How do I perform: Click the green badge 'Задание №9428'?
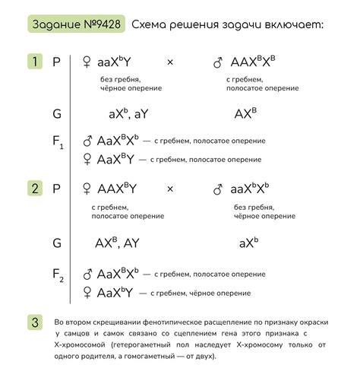(76, 25)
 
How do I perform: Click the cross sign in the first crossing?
(170, 62)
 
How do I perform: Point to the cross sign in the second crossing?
(170, 189)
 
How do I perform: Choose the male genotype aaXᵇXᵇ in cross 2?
(251, 189)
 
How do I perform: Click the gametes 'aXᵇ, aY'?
(128, 114)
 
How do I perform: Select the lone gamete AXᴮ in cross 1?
(245, 114)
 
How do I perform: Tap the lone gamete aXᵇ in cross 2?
(248, 243)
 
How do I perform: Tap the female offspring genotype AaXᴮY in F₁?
(115, 159)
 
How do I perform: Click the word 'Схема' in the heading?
(150, 25)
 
